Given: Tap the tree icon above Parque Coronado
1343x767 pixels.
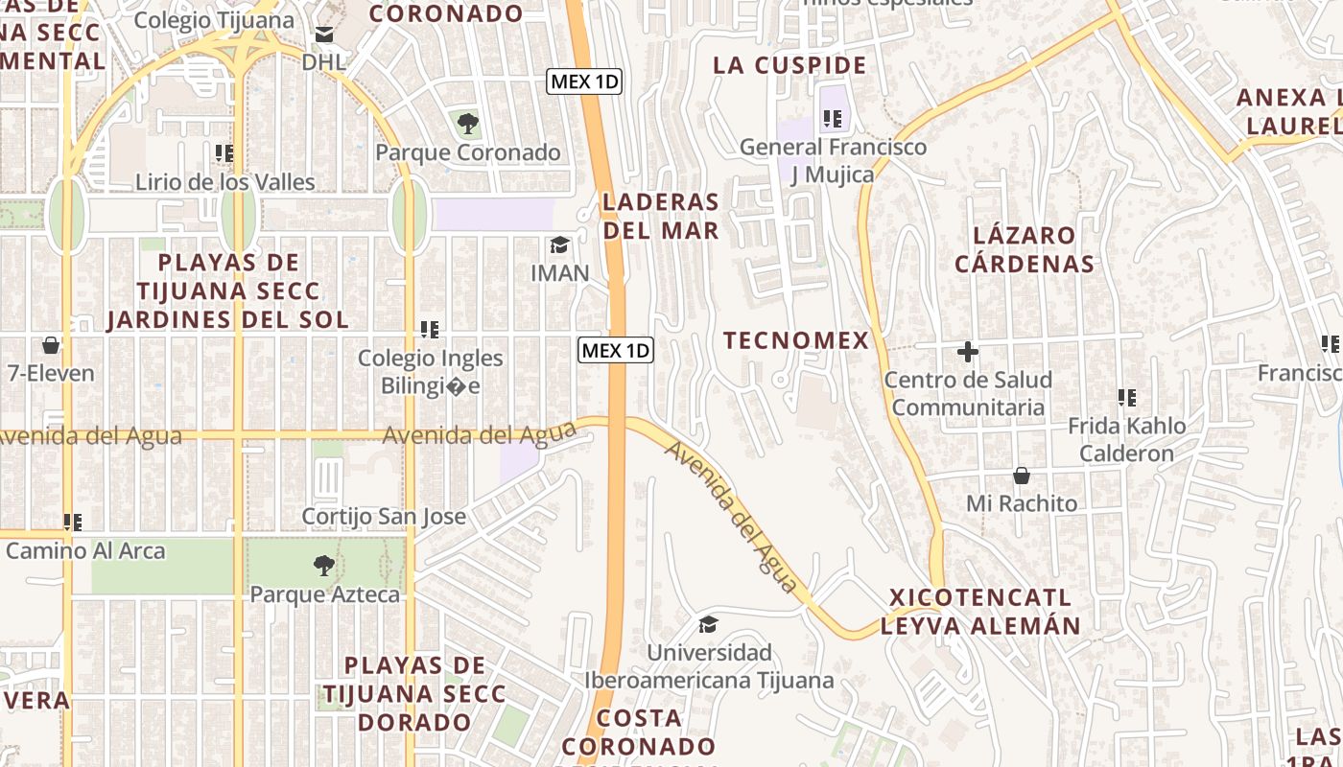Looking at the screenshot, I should point(467,123).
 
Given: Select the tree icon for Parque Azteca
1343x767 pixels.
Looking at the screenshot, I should point(324,566).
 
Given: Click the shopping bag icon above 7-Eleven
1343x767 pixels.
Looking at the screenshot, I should point(50,345).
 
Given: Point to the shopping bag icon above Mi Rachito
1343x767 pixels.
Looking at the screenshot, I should point(1022,476).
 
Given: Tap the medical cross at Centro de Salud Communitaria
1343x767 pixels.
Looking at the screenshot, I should point(968,352).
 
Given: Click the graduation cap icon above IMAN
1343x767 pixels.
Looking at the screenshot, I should point(559,245).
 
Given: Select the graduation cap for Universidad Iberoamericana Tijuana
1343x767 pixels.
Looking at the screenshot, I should point(708,625).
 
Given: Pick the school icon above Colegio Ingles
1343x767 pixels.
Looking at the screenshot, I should point(430,330).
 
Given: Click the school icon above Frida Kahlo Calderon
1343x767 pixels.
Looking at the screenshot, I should point(1127,397).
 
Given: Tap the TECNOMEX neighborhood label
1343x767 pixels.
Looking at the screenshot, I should point(796,340).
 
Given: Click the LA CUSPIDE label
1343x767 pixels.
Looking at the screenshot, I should point(789,65).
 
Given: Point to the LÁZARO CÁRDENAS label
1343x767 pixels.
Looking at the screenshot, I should point(1025,249).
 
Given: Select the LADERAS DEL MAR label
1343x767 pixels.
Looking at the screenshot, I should point(661,216).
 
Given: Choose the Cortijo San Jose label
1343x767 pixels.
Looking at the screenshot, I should point(384,517).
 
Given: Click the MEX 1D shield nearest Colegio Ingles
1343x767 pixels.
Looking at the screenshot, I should point(616,350).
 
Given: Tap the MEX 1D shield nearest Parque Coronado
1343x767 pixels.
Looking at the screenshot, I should point(584,81).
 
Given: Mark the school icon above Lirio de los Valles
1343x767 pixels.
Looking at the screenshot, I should point(224,153).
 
